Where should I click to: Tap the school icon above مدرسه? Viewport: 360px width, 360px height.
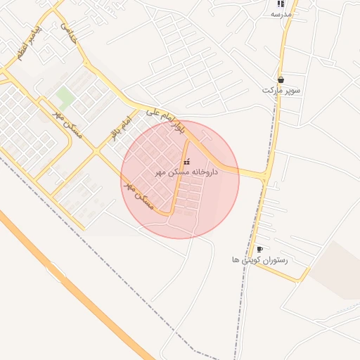(281, 4)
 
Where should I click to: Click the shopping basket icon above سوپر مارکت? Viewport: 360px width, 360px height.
(281, 80)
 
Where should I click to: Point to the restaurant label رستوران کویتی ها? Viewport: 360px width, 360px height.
(260, 259)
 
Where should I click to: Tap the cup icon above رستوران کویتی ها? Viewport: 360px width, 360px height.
(259, 249)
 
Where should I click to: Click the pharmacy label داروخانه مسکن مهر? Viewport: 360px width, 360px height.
(186, 172)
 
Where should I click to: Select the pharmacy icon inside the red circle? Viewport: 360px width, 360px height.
(186, 162)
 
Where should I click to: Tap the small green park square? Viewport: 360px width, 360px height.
(65, 96)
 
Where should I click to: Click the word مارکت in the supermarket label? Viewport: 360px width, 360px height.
(271, 91)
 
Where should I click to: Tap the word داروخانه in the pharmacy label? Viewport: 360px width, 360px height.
(205, 172)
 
